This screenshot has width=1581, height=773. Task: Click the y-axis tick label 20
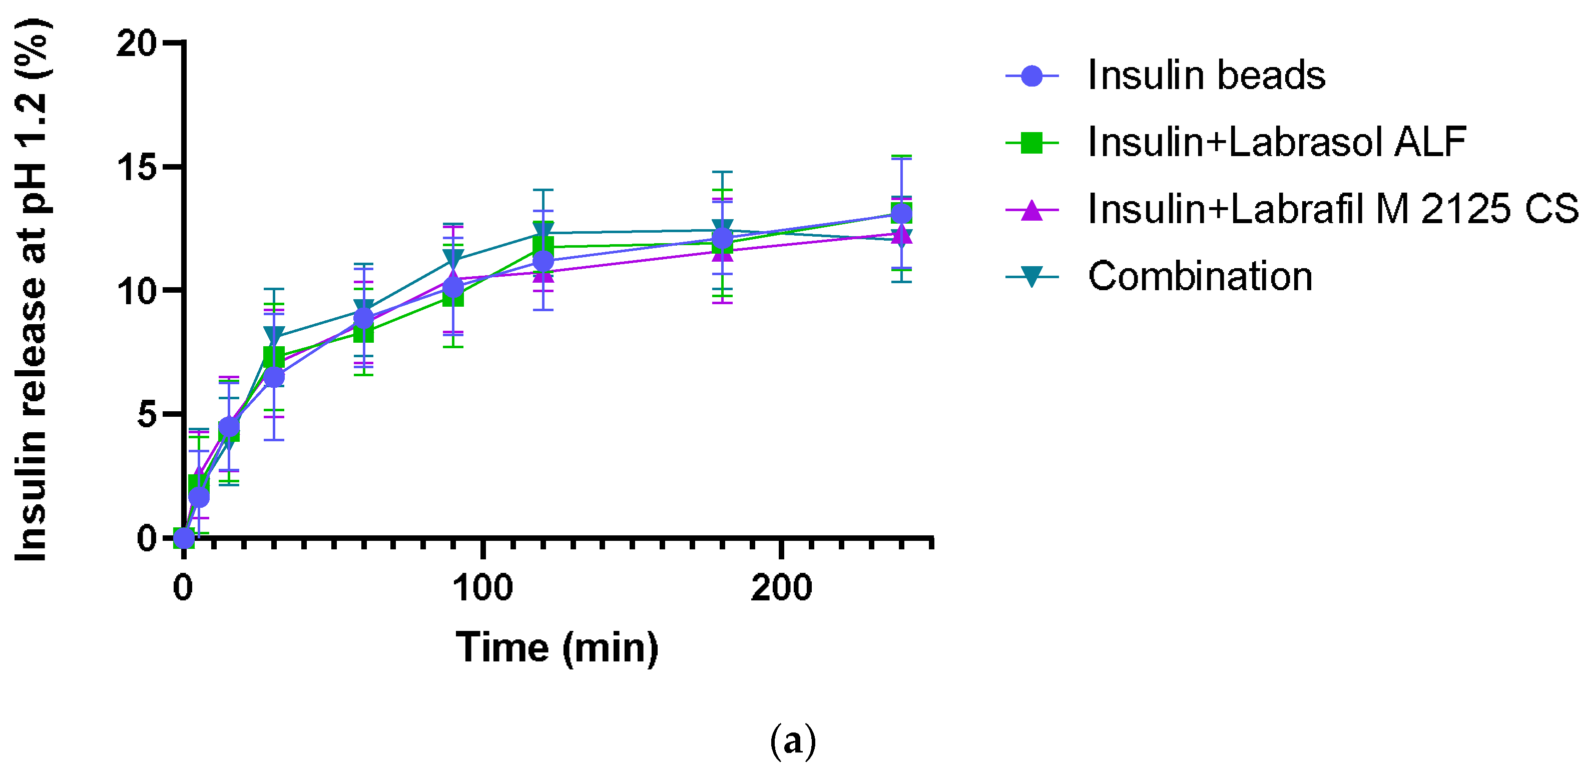click(136, 44)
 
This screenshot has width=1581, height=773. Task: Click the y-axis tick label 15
click(136, 167)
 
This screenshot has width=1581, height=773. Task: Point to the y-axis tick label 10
click(136, 291)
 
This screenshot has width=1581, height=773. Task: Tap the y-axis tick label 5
click(147, 415)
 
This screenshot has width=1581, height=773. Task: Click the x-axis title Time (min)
click(557, 648)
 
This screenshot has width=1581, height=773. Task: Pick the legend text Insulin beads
click(1206, 76)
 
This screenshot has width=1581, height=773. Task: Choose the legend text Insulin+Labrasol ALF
click(1277, 142)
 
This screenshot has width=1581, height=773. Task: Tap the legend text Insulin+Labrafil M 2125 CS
click(1332, 209)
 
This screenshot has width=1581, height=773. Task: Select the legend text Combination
click(1200, 277)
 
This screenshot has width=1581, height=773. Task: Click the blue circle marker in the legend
click(1032, 76)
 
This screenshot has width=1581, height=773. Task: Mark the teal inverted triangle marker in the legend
click(1032, 276)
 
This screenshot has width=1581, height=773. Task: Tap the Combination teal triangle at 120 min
click(543, 231)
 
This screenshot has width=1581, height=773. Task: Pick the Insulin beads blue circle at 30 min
click(274, 377)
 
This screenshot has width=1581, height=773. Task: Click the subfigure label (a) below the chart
click(792, 741)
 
